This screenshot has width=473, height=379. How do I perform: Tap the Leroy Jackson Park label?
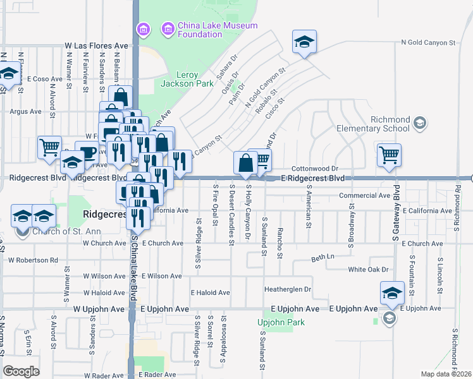182,79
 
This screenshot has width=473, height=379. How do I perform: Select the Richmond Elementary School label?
383,124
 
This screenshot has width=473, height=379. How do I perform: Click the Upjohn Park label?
281,322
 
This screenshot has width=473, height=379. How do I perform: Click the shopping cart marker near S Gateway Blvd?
390,155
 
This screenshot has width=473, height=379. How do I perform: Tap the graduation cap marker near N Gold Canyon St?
304,42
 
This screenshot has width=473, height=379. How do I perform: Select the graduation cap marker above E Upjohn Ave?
392,293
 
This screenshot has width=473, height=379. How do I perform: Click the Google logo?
21,371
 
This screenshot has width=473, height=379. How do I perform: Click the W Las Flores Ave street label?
96,46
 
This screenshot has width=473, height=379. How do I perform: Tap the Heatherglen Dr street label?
288,289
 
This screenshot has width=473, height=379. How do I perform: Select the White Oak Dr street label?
367,270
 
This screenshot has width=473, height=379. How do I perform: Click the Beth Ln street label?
322,256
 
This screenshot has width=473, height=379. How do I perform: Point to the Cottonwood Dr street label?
316,169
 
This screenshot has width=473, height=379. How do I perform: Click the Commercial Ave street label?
364,196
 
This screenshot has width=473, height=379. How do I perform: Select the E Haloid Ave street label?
211,292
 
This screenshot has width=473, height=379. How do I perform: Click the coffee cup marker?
87,152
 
